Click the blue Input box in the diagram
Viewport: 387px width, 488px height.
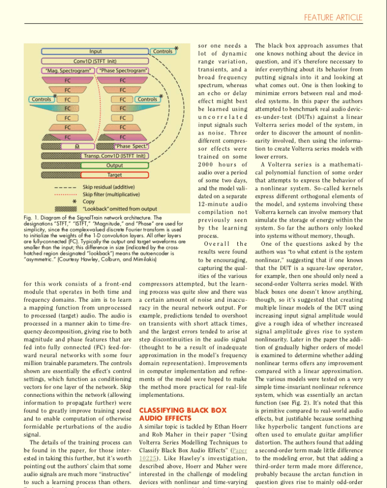(95, 51)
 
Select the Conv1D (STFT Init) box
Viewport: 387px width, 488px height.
(95, 61)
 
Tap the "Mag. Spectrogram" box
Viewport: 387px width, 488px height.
(67, 71)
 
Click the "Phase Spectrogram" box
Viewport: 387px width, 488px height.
(123, 71)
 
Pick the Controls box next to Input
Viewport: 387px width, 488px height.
(162, 51)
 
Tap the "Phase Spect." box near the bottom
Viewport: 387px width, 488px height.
(130, 147)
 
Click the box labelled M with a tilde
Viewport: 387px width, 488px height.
(76, 147)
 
